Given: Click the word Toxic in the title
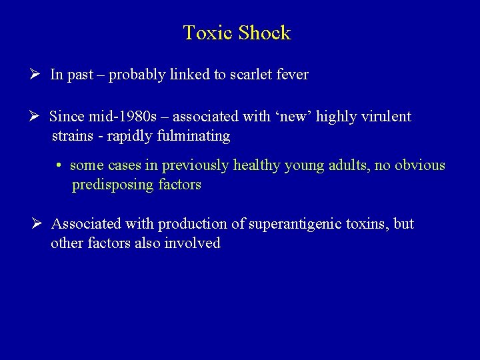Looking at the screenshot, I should click(x=203, y=33).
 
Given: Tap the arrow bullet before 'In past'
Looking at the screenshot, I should click(x=39, y=74).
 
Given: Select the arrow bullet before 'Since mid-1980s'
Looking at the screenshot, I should click(x=39, y=116).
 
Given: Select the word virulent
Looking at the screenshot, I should click(x=387, y=117).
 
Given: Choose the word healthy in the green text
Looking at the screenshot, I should click(x=257, y=165).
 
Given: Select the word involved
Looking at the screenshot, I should click(x=195, y=243).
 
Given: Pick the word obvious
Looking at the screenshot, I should click(x=419, y=165).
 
